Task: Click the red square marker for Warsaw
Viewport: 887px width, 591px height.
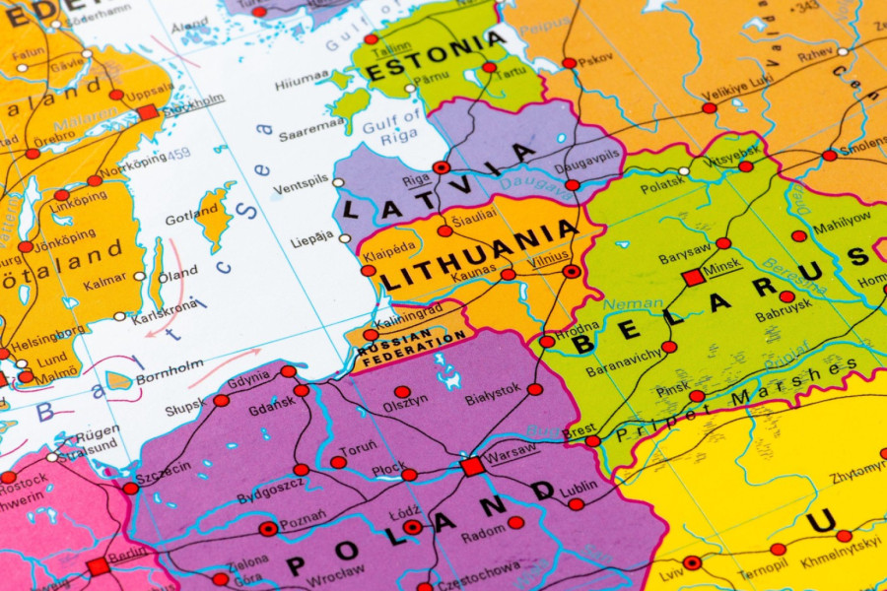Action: point(472,466)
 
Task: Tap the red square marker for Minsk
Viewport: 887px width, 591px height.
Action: point(693,278)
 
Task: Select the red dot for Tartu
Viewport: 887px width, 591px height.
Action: point(490,67)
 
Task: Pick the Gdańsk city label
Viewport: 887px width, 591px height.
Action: point(271,408)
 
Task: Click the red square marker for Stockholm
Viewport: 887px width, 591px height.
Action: point(148,112)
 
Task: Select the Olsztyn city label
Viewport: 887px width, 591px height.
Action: point(405,399)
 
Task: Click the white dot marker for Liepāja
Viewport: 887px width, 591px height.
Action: point(344,238)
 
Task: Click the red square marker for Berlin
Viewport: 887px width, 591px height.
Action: point(97,566)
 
